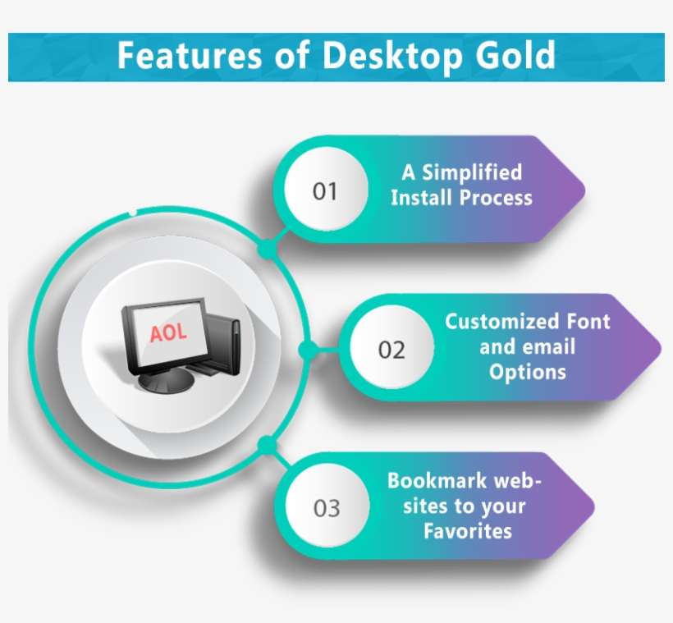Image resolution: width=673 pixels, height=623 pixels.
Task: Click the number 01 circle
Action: (x=325, y=191)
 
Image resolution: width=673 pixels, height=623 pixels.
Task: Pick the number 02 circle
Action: (x=391, y=350)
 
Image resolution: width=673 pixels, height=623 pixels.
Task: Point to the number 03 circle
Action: (x=326, y=508)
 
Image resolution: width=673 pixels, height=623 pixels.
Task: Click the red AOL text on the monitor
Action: (x=168, y=332)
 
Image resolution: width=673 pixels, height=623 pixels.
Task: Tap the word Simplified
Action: (x=471, y=172)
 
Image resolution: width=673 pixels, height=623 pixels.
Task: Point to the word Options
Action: (x=528, y=372)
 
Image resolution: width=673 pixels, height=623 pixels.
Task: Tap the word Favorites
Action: (x=467, y=530)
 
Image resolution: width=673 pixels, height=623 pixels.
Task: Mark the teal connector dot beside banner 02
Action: (x=308, y=350)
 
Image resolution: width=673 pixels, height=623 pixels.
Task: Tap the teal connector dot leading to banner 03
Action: (x=265, y=446)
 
